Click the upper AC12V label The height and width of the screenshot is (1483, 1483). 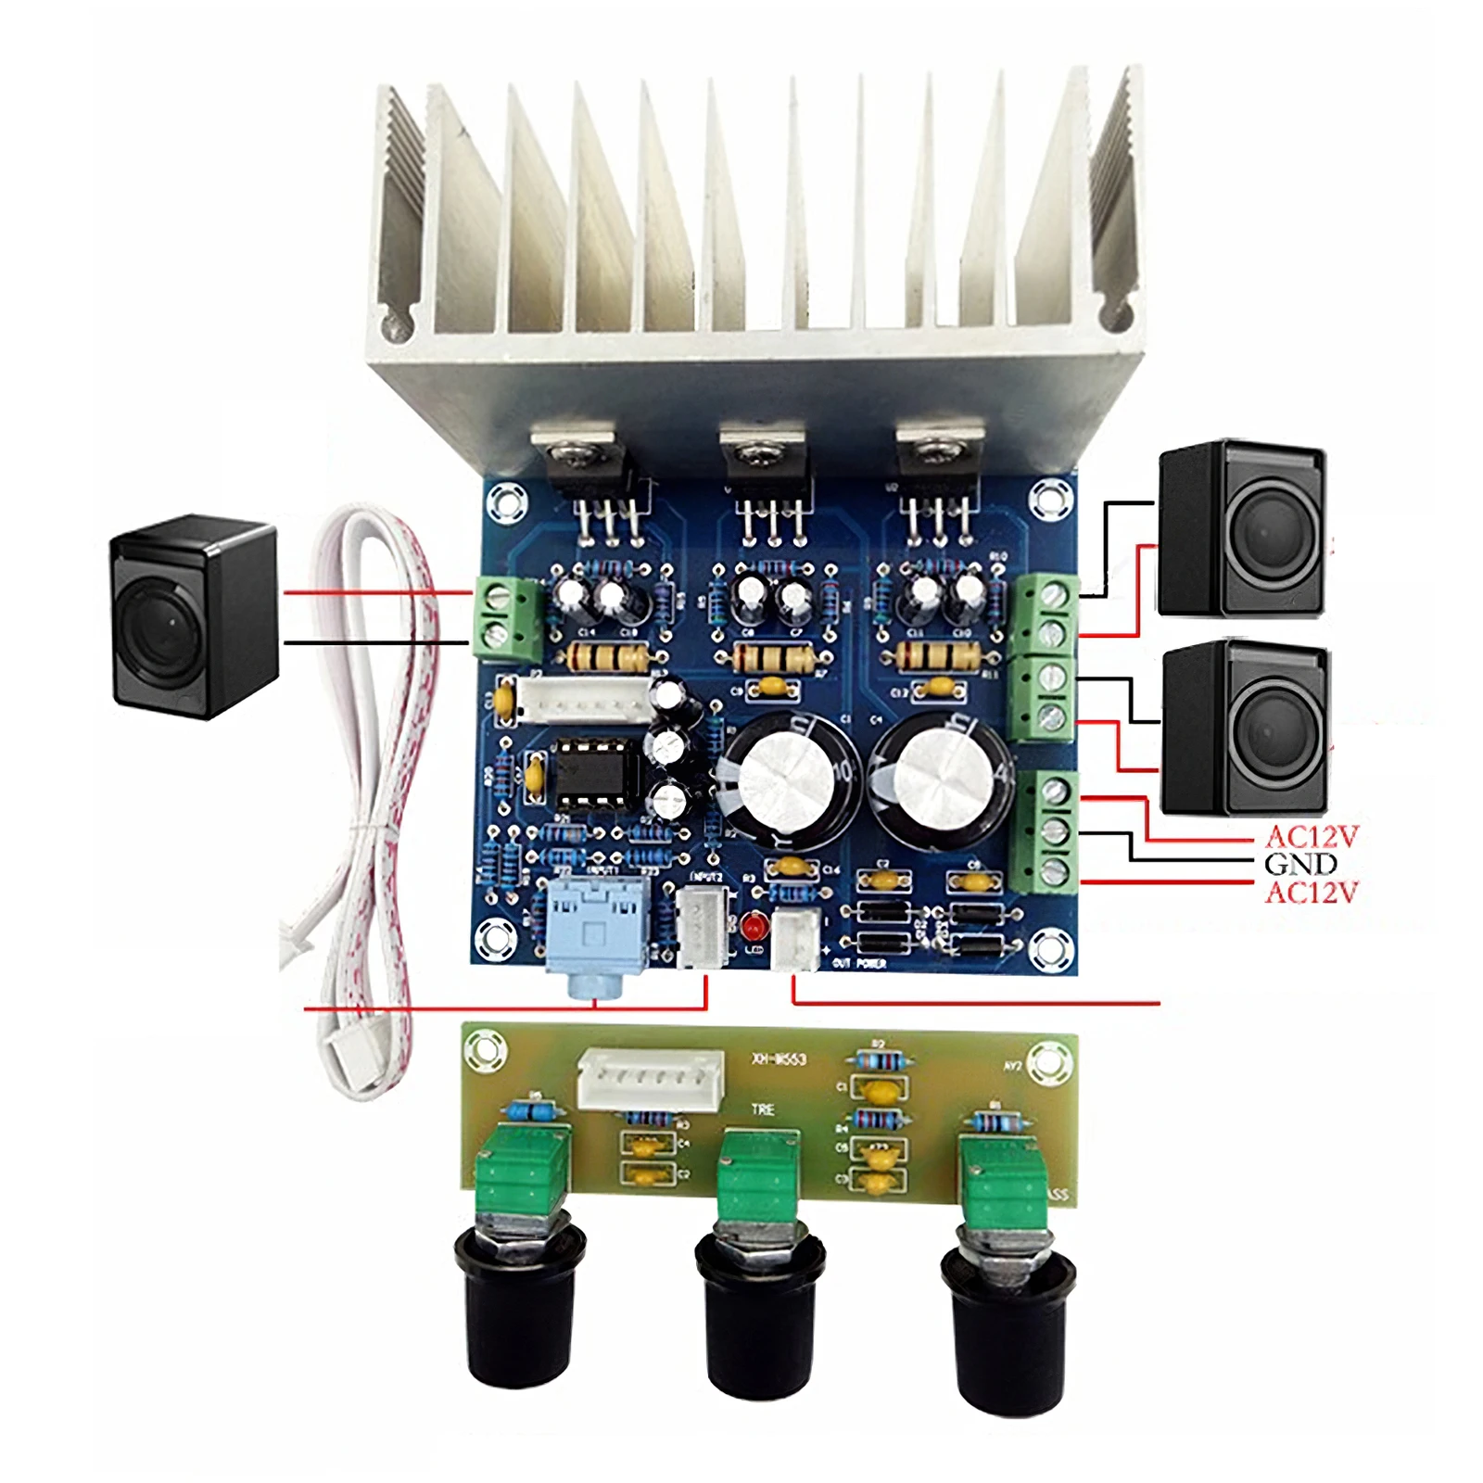coord(1311,837)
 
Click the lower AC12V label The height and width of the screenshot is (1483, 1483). coord(1311,893)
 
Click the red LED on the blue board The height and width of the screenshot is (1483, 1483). coord(752,926)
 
